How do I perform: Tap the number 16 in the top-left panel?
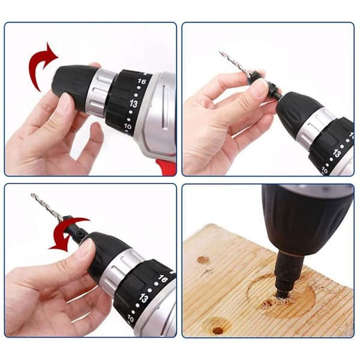point(142,81)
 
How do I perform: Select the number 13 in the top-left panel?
point(133,104)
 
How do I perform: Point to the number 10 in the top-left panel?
point(127,126)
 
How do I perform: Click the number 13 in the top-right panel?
point(337,153)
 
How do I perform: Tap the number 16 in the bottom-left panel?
point(163,279)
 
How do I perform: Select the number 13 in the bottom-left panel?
point(143,298)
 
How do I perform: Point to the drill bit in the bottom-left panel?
point(47,208)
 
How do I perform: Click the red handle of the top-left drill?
point(166,166)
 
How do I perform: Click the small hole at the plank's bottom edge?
point(217,331)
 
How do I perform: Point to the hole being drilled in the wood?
point(281,299)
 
